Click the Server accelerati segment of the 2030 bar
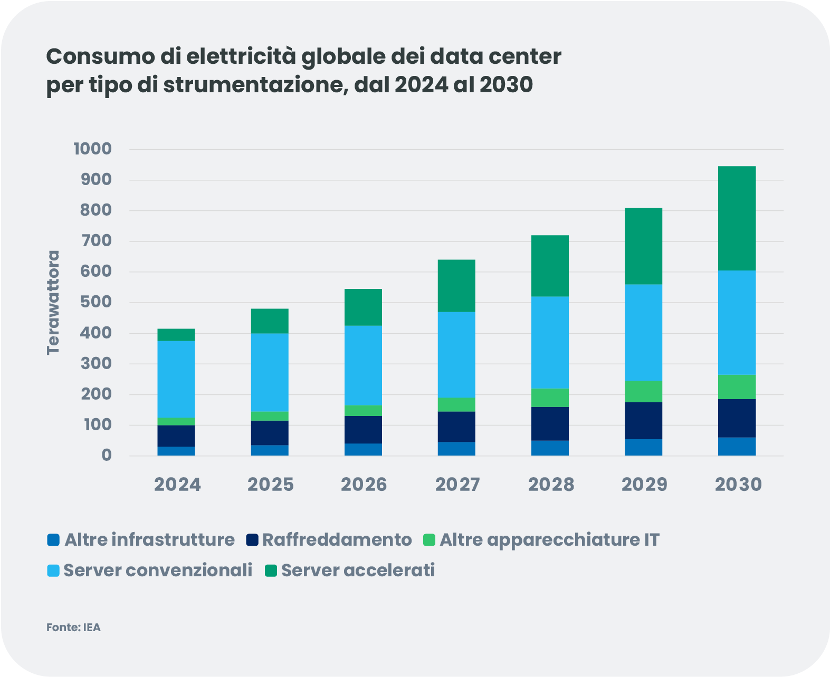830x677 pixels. (x=737, y=218)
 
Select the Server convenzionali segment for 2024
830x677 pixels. (x=176, y=379)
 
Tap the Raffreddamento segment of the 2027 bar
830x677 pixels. (x=456, y=427)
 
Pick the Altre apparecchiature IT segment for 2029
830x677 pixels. (x=643, y=391)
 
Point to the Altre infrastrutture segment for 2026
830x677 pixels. (x=363, y=449)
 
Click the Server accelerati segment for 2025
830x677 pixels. (x=270, y=321)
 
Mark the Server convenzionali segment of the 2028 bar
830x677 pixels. (x=550, y=342)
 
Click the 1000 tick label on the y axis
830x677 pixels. (x=93, y=149)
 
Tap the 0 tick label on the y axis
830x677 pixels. (x=107, y=455)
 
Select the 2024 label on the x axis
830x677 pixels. (x=177, y=485)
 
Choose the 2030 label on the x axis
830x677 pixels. (x=738, y=485)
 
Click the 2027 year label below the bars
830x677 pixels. (x=457, y=485)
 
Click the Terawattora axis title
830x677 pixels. (x=53, y=302)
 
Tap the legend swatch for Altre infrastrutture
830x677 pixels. (x=53, y=540)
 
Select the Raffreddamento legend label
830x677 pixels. (x=337, y=540)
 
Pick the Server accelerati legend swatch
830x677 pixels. (x=271, y=570)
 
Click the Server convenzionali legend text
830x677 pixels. (x=158, y=570)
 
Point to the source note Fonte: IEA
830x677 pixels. (x=73, y=627)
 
